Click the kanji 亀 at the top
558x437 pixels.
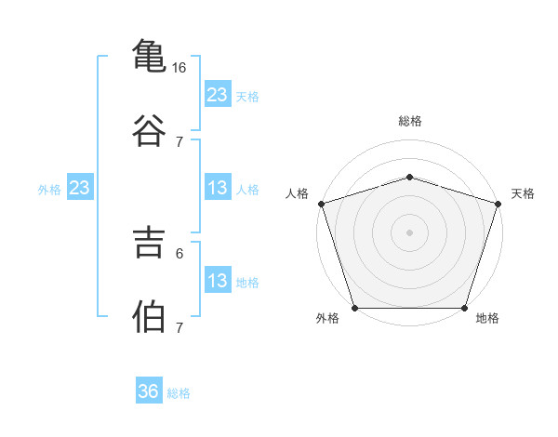point(149,56)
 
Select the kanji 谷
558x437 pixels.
point(149,130)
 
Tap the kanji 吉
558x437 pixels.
point(149,243)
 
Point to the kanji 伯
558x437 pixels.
point(149,316)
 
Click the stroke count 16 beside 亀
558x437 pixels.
point(179,68)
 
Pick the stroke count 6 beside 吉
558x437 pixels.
point(179,254)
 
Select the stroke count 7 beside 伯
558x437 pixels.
point(179,327)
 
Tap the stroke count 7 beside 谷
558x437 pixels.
point(179,142)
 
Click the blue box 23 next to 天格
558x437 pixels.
point(218,94)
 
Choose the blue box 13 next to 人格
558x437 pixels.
point(218,187)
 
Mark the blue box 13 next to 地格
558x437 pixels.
point(218,279)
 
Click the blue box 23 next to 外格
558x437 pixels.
point(80,187)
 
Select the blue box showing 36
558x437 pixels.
point(149,390)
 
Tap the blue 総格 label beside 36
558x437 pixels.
point(179,393)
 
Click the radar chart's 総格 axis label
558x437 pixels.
point(410,121)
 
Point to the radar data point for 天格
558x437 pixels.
point(498,204)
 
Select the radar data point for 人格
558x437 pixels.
point(322,204)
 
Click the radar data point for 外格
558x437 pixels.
point(355,308)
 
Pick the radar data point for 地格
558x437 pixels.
point(464,308)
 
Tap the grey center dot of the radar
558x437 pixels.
point(409,232)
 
